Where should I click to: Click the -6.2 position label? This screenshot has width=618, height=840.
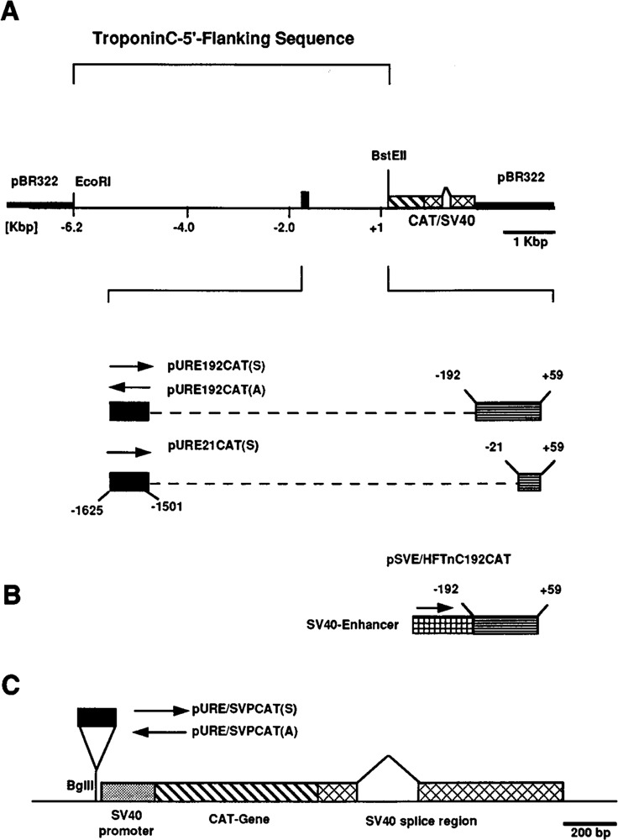click(x=74, y=228)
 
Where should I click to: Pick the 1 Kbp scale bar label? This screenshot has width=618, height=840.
click(x=529, y=242)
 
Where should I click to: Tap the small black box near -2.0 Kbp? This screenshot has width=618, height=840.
click(x=305, y=198)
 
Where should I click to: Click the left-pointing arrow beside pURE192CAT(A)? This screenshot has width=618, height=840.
click(x=131, y=387)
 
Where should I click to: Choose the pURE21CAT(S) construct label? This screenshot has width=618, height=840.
click(x=209, y=447)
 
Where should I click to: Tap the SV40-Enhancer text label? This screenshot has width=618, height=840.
click(x=363, y=626)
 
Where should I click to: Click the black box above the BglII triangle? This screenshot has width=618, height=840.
click(x=97, y=717)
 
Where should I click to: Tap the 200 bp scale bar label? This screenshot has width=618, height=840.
click(x=584, y=832)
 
